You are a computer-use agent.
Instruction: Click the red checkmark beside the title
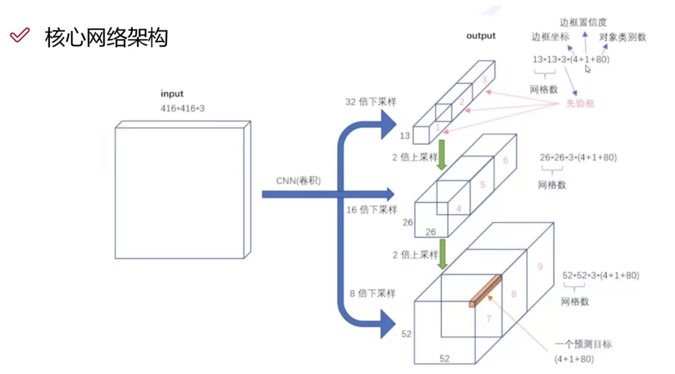[x=19, y=35]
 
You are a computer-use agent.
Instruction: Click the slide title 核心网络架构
[x=106, y=37]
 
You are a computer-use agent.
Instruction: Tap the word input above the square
[x=172, y=94]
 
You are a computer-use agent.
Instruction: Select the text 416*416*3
[x=183, y=108]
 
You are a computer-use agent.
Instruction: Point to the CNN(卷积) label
[x=298, y=181]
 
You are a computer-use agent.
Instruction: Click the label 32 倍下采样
[x=371, y=102]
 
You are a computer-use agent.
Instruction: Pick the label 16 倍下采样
[x=372, y=210]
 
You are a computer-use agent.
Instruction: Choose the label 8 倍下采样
[x=373, y=293]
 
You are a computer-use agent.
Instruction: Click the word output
[x=481, y=36]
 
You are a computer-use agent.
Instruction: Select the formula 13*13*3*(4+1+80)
[x=571, y=59]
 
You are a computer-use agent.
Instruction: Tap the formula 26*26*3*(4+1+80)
[x=578, y=158]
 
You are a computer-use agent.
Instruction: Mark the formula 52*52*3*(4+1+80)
[x=601, y=276]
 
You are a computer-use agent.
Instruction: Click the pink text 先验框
[x=580, y=103]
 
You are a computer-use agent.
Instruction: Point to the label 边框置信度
[x=583, y=22]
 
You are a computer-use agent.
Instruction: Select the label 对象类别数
[x=623, y=37]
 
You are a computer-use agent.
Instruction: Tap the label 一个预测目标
[x=583, y=344]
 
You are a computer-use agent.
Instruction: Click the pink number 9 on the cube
[x=540, y=267]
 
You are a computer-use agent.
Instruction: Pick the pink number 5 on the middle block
[x=482, y=185]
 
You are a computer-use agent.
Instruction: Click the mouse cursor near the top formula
[x=588, y=69]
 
